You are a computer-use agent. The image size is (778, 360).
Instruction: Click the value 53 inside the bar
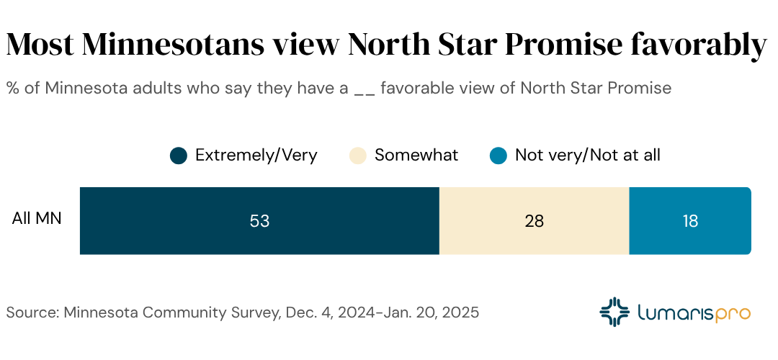(259, 221)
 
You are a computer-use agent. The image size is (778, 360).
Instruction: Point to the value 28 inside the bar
(534, 221)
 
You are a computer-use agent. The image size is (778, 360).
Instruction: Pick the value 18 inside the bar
(690, 221)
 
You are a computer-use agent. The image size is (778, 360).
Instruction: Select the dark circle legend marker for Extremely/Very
(179, 156)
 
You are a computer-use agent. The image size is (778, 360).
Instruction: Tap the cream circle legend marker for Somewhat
(358, 156)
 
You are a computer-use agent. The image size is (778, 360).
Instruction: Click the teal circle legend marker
(498, 156)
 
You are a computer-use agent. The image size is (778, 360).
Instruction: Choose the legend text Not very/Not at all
(587, 155)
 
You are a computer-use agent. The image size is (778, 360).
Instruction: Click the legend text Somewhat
(416, 155)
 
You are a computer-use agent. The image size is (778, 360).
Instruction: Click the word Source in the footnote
(32, 313)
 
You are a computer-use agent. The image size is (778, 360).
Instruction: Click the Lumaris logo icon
(614, 312)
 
